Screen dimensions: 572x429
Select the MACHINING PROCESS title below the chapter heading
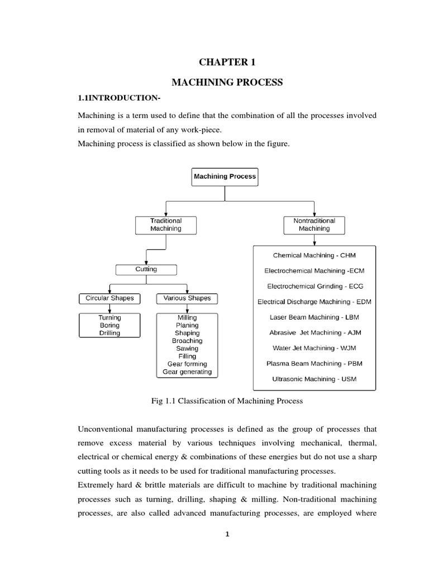pos(227,83)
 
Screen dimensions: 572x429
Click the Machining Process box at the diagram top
pos(225,177)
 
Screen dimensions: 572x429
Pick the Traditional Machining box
pos(166,225)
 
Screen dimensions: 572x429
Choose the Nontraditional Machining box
pos(314,225)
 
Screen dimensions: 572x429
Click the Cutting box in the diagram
pos(146,269)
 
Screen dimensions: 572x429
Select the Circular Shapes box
pos(109,298)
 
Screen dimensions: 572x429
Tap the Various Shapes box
pos(187,298)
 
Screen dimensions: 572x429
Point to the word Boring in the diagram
pos(109,325)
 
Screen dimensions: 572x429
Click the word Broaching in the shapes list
pos(187,341)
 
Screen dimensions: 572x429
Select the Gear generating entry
pos(187,371)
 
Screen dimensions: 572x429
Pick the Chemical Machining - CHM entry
pos(314,255)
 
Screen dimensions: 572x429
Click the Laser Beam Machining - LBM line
pos(314,317)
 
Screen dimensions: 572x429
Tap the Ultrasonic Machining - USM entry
pos(314,379)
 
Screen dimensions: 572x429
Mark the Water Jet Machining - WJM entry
pos(314,348)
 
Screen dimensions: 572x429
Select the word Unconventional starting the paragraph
pos(110,430)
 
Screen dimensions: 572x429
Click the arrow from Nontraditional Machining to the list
pos(314,239)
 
